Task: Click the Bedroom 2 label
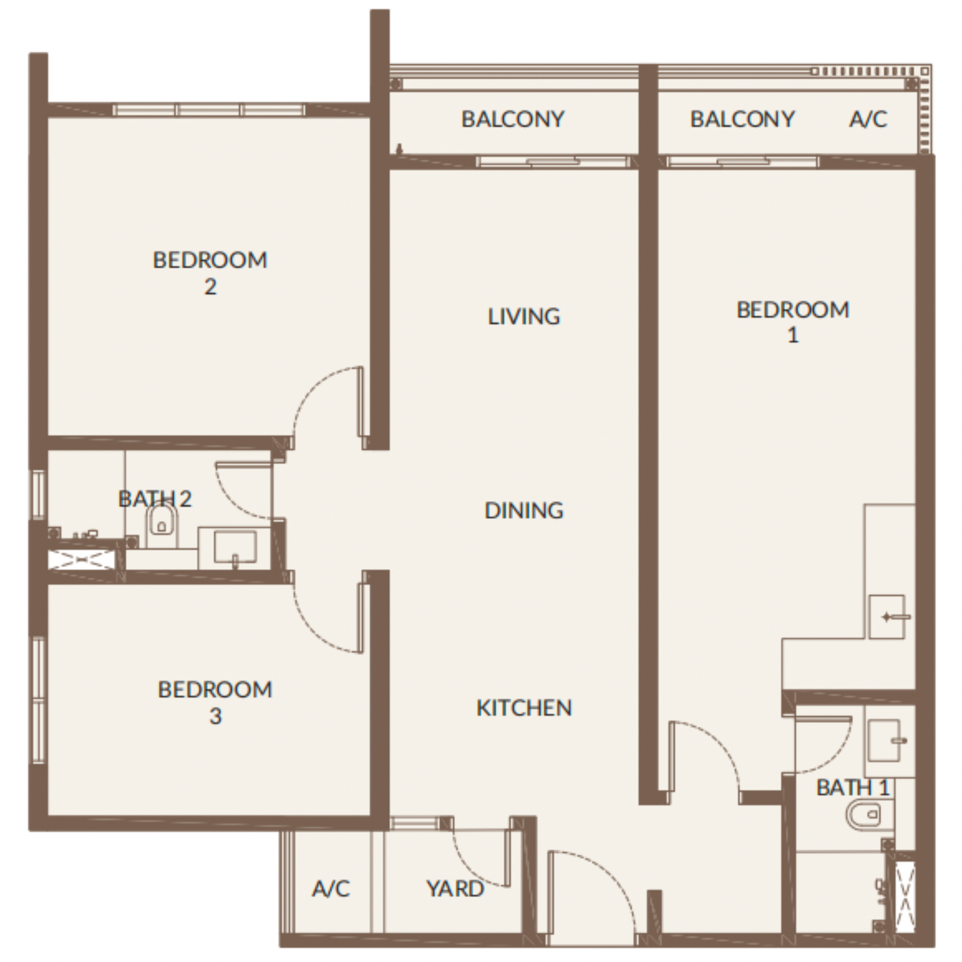click(x=210, y=273)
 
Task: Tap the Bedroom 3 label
click(x=215, y=703)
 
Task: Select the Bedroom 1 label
click(x=793, y=322)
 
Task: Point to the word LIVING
click(x=524, y=316)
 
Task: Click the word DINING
click(x=524, y=510)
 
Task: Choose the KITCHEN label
click(x=524, y=708)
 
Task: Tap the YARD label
click(x=455, y=889)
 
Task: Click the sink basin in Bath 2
click(x=235, y=546)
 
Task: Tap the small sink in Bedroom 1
click(x=887, y=617)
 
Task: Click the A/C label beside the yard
click(x=331, y=889)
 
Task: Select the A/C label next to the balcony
click(x=868, y=119)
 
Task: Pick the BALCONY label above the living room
click(x=513, y=119)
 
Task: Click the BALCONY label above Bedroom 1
click(x=742, y=119)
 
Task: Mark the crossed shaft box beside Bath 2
click(x=82, y=560)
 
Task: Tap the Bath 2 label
click(x=155, y=499)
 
